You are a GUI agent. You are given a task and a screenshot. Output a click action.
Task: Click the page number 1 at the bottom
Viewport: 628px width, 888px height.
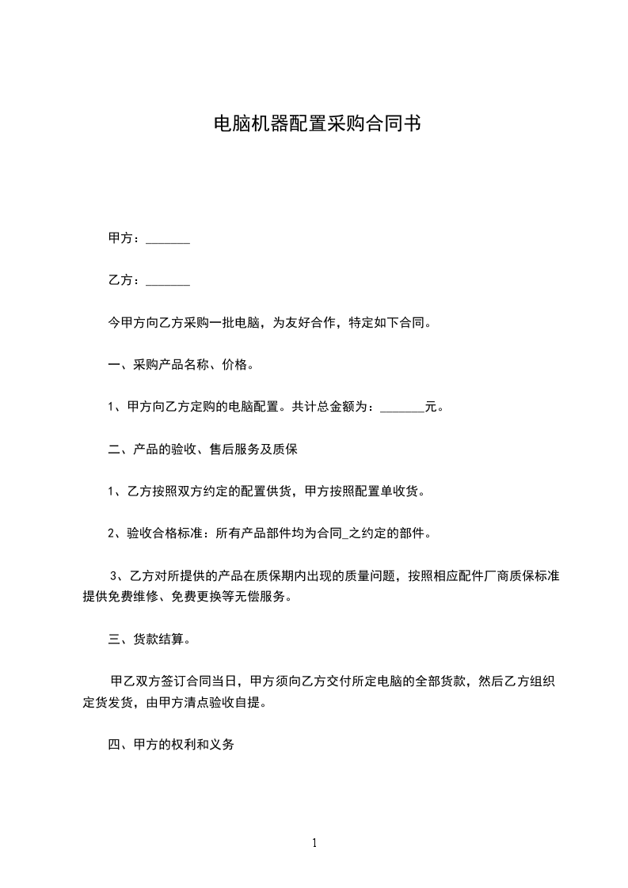pyautogui.click(x=314, y=844)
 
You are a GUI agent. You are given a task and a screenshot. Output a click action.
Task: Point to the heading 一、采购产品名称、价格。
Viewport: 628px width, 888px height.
pyautogui.click(x=181, y=366)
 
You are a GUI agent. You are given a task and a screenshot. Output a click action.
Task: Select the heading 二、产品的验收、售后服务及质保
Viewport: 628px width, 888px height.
pyautogui.click(x=202, y=450)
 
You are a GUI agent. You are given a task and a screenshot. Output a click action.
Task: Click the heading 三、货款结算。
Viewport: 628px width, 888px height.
pyautogui.click(x=149, y=639)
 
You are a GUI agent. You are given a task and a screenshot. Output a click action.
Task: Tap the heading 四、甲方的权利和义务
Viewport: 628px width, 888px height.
pyautogui.click(x=171, y=745)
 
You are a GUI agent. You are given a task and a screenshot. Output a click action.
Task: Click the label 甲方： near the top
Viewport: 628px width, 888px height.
pyautogui.click(x=125, y=239)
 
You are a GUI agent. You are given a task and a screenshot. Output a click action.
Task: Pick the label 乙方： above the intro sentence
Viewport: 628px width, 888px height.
pyautogui.click(x=125, y=281)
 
